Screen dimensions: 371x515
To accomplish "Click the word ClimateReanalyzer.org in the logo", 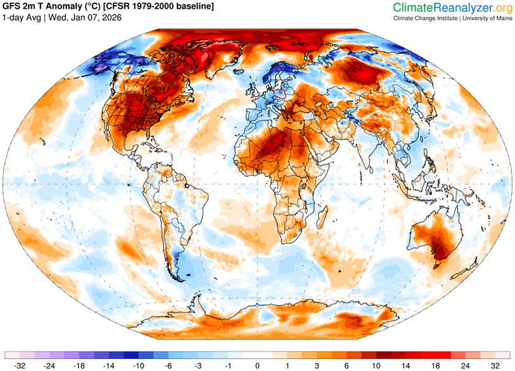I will (x=452, y=8).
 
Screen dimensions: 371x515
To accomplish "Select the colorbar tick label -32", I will (x=20, y=365).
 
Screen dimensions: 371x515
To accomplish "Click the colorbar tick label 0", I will (x=258, y=365).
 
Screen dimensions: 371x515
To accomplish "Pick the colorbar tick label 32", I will (x=495, y=365).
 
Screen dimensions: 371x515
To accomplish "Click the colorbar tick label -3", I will (x=198, y=365).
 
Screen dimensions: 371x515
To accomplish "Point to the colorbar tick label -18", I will (x=79, y=365).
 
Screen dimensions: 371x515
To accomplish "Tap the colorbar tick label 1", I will (x=288, y=365).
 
